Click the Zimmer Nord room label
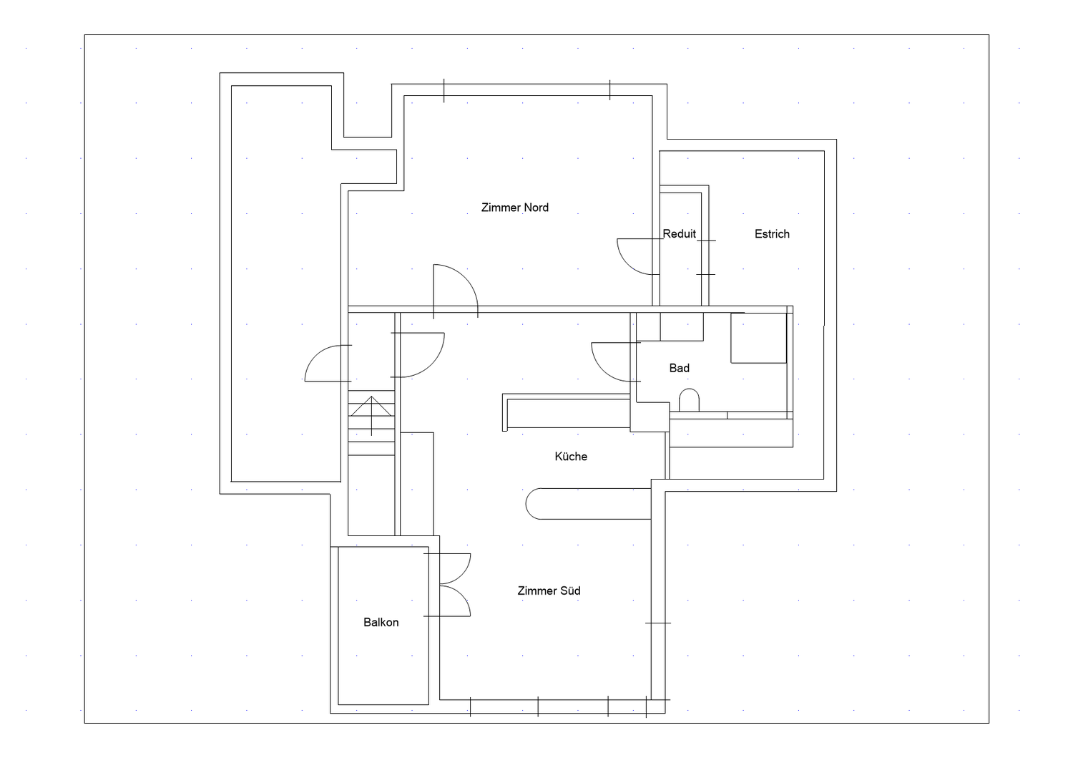pos(515,208)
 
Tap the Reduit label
pos(680,234)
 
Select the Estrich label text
pos(772,234)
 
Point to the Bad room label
pos(680,368)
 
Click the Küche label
pos(571,457)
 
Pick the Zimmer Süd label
pos(549,591)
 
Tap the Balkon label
pos(381,622)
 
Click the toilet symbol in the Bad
pos(689,400)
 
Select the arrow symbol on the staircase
pos(371,415)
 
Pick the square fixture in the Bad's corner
pos(759,338)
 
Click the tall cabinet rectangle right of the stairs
pos(417,484)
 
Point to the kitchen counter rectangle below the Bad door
pos(567,410)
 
